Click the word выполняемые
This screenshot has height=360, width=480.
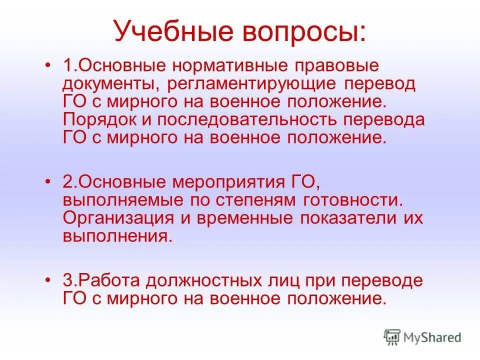(119, 200)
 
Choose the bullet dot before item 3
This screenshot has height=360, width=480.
(48, 280)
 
